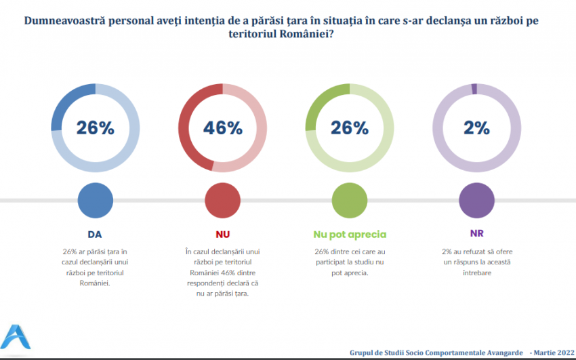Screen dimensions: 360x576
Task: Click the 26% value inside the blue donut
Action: tap(95, 127)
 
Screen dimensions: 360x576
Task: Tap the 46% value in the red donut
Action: tap(222, 127)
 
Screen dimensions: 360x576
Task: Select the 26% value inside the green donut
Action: tap(350, 127)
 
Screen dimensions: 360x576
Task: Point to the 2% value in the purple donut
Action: tap(476, 127)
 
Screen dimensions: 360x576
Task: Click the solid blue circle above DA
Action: tap(95, 200)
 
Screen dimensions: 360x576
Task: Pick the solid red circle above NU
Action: tap(222, 200)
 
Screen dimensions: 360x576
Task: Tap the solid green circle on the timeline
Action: tap(350, 200)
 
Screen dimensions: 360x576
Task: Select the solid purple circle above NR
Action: tap(476, 200)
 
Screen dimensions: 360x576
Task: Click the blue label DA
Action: tap(95, 235)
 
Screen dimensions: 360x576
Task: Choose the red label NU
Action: tap(222, 235)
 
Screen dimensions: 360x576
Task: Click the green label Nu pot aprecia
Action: tap(350, 235)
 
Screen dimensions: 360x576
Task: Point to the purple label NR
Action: tap(476, 235)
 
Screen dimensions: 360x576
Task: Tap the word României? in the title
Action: tap(305, 35)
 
